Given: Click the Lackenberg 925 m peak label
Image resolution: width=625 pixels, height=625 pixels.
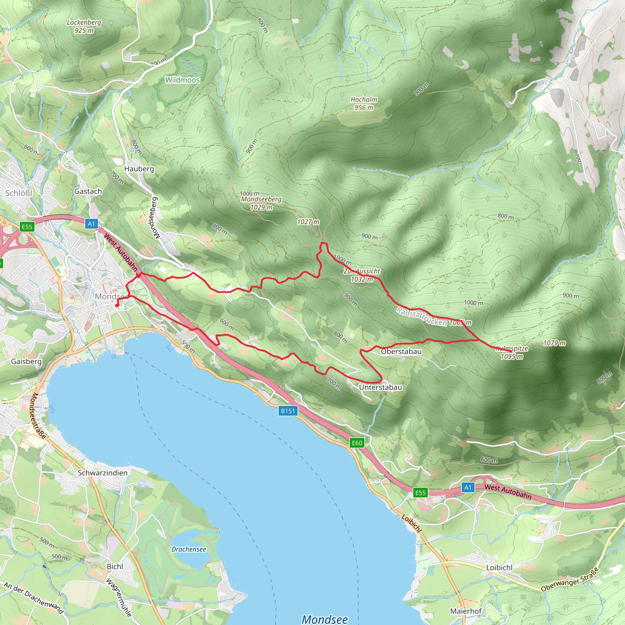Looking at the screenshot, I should pos(84,27).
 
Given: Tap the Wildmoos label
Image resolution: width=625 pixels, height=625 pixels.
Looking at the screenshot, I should pos(182,80).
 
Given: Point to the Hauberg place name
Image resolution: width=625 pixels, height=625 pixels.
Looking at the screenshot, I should pos(139,169).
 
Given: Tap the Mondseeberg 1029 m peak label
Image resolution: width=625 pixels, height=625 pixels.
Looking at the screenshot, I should pos(261,203).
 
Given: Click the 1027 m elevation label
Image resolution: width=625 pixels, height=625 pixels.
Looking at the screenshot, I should pos(308,222).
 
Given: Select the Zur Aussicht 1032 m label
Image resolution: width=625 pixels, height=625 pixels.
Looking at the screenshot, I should pos(362,275).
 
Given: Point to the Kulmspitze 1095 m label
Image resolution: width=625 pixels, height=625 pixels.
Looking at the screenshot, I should pos(512,352).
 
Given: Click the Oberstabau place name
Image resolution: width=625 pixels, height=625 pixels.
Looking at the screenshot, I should pos(401,352).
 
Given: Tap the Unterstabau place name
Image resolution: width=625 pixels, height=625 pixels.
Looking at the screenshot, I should pos(381,387).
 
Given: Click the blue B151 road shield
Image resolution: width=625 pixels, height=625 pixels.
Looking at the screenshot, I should pos(287,411).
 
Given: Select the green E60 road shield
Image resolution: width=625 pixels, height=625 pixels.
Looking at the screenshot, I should pos(357,443).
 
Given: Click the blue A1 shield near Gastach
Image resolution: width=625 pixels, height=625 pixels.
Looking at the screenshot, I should pos(92,223).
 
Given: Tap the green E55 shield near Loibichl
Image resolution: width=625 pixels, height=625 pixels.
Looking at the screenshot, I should pos(420,493).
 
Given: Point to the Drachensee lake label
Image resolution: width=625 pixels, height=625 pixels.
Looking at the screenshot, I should pos(189,549).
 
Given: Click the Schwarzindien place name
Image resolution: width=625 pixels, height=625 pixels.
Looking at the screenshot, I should pos(103,473).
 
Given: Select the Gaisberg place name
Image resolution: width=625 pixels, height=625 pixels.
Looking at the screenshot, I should pos(26,361).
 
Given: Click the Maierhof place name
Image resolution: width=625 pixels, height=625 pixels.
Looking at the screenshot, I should pos(466,611).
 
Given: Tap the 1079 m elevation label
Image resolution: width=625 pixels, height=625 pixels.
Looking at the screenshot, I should pos(555,343).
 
